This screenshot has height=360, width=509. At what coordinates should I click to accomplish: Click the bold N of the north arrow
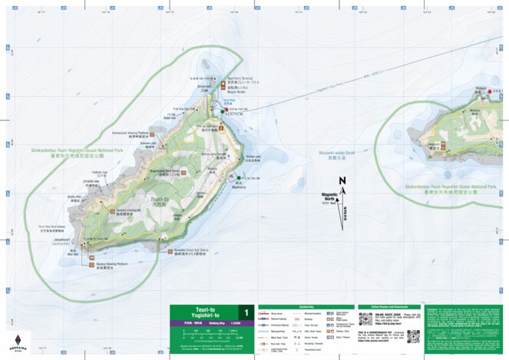point(342,181)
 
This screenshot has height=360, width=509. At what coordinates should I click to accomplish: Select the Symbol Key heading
point(296,306)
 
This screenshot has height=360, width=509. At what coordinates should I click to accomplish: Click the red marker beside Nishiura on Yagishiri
point(490,91)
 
